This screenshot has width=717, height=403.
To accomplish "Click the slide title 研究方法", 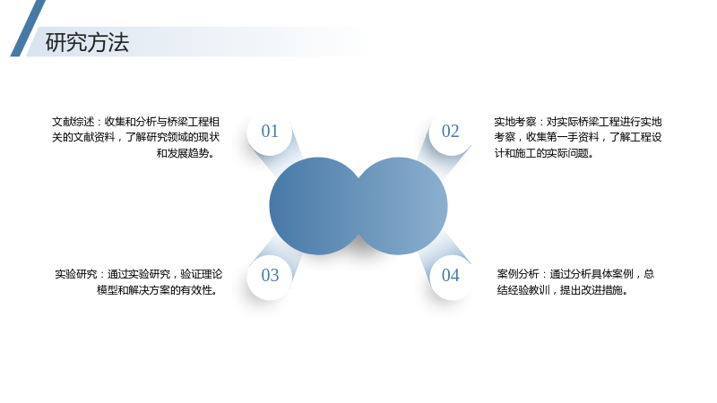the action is pos(87,42).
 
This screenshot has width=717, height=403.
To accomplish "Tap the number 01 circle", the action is pos(270,132).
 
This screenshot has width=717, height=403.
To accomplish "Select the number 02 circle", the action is pos(451,132).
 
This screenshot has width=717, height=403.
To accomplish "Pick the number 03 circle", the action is pos(270,276).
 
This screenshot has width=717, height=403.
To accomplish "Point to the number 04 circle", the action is pos(451,276).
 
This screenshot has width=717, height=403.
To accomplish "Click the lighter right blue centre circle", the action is pos(403,206).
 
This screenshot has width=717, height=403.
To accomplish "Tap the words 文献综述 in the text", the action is pos(73,122).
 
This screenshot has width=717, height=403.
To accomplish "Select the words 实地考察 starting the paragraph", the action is pos(514,122).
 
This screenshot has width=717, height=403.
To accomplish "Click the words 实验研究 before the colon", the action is pos(76,274).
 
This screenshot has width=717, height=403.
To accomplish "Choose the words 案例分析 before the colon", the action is pos(518,274).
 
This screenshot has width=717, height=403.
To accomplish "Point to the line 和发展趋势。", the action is pos(186,153).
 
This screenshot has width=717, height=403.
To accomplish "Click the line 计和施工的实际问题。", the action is pos(544,153).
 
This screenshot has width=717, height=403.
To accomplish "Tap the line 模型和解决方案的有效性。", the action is pos(158,290).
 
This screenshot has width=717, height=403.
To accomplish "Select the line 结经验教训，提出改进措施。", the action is pos(563,290).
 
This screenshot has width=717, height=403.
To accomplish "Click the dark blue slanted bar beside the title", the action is pos(28,29).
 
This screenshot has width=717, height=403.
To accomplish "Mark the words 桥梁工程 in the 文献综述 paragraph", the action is pos(188,122).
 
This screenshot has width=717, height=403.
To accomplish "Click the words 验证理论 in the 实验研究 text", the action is pos(201,274).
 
